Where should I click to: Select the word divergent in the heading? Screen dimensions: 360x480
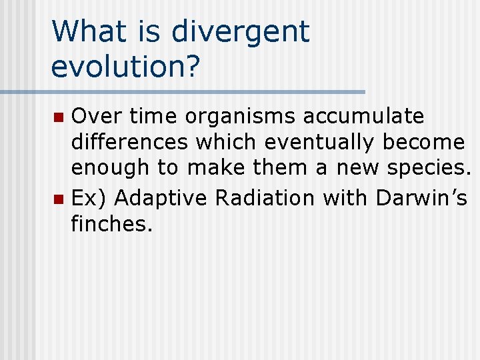[x=241, y=33]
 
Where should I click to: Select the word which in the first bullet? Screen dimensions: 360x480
[x=227, y=142]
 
